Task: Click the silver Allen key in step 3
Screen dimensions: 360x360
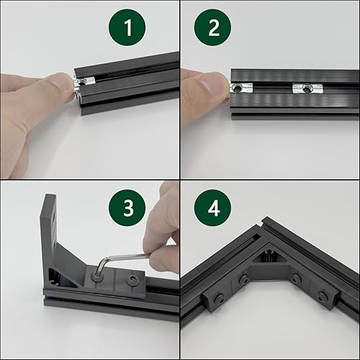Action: [x=122, y=256]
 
